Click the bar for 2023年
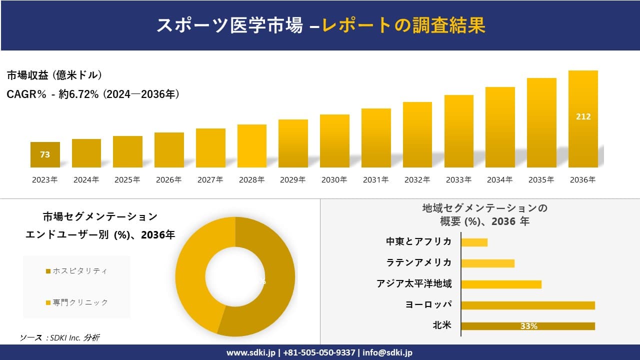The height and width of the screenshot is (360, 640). point(45,154)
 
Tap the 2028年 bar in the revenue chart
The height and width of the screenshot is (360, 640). point(252,146)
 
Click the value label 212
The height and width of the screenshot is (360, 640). point(583,116)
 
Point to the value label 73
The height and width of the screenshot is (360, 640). point(45,154)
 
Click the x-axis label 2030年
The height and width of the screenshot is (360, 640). point(334,180)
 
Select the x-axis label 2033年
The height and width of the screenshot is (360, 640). point(458,180)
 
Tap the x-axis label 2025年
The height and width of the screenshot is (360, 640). point(127,180)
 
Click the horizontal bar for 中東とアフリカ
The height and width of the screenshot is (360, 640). point(474,242)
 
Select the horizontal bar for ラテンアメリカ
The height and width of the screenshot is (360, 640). point(487,263)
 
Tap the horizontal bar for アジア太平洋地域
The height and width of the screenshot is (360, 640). point(501,284)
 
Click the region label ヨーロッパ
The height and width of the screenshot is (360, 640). point(428,304)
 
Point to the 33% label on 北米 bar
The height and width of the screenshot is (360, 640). point(528,326)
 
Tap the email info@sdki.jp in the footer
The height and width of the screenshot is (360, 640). point(388,352)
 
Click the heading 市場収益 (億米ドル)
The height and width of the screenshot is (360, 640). point(54,75)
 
